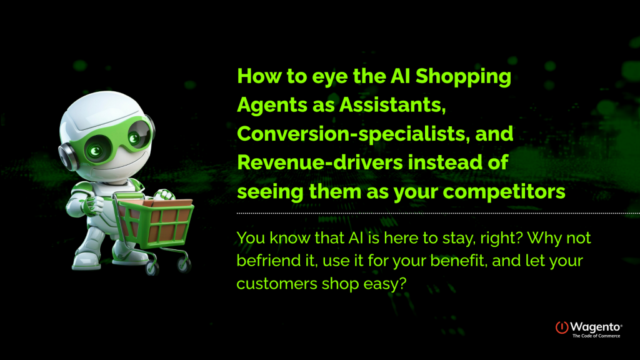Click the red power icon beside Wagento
[562, 327]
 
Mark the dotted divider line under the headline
[437, 213]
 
